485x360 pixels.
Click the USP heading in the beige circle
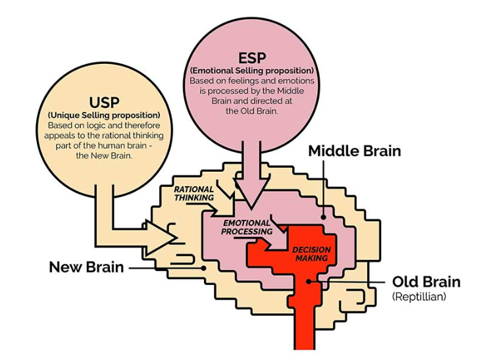tap(104, 103)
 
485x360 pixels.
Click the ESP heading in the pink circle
tap(252, 58)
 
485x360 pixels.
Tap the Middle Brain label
tap(355, 151)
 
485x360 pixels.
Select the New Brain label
tap(86, 267)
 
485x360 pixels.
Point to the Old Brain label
tap(426, 282)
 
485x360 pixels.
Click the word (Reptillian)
tap(419, 297)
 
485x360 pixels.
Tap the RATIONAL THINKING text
tap(194, 193)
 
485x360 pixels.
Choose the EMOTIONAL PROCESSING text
tap(247, 227)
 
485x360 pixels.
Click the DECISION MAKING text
tap(311, 253)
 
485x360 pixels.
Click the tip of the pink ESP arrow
tap(251, 207)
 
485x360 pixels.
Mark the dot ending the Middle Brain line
tap(323, 217)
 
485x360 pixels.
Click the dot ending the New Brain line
tap(203, 268)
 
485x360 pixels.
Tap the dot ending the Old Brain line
tap(309, 282)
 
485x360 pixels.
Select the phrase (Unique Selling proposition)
tap(104, 115)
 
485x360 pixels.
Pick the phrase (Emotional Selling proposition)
tap(252, 70)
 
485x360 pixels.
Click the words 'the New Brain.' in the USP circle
tap(104, 155)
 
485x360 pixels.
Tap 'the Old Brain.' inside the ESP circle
tap(252, 111)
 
